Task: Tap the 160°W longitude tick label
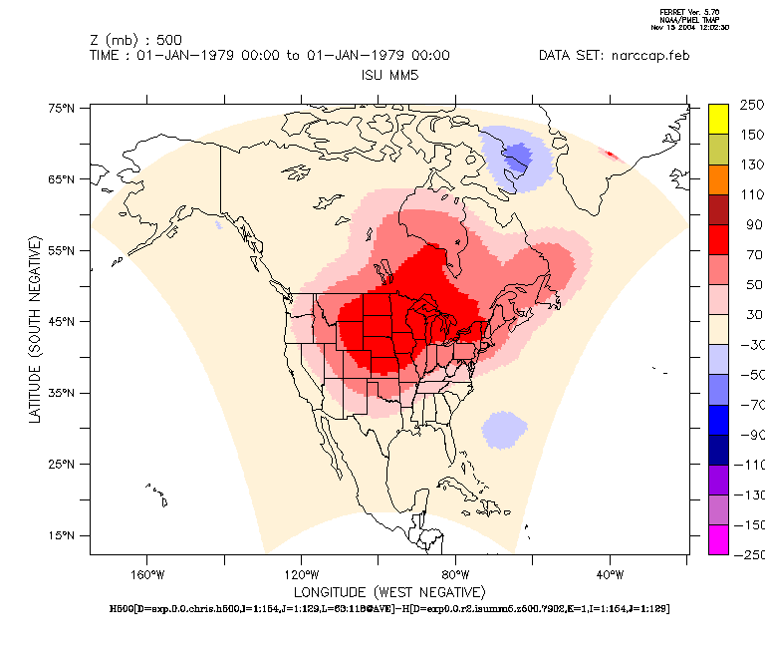[x=145, y=574]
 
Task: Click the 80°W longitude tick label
[x=455, y=574]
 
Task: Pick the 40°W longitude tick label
[x=610, y=574]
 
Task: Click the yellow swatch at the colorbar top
[x=719, y=118]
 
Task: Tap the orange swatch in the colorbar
[x=719, y=178]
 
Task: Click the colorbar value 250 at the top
[x=750, y=104]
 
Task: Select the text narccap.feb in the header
[x=648, y=55]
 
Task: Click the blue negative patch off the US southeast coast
[x=504, y=430]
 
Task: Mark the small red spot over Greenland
[x=610, y=155]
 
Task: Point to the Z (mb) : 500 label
[x=135, y=40]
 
